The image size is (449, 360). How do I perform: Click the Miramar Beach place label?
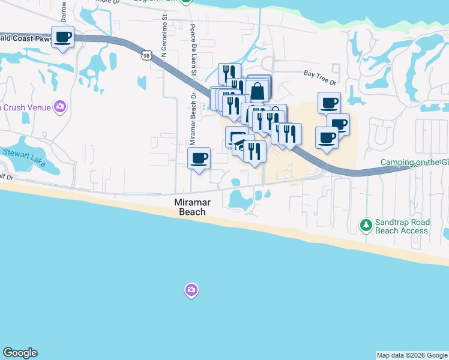tap(190, 207)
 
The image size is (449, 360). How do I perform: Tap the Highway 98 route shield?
tap(146, 55)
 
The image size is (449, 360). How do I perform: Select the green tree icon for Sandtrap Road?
tap(366, 226)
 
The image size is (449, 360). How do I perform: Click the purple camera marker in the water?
tap(191, 290)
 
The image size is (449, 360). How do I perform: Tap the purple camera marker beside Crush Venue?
tap(59, 107)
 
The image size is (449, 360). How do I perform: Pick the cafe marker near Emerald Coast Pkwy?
tap(63, 37)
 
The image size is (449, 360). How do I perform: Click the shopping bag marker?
tap(258, 91)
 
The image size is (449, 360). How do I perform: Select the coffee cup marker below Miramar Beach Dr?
tap(199, 158)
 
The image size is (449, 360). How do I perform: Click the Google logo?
tap(20, 353)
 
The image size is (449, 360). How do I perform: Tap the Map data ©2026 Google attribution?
tap(412, 355)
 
